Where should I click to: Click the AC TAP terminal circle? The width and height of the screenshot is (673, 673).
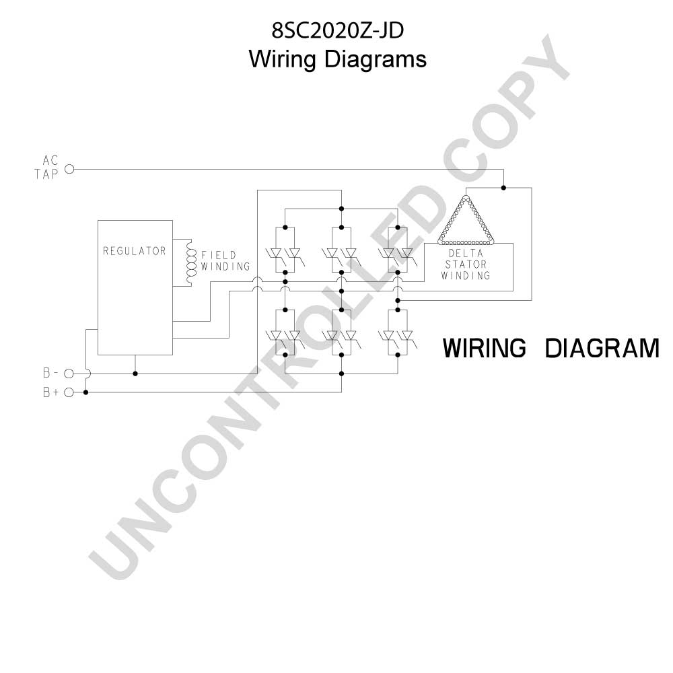click(69, 169)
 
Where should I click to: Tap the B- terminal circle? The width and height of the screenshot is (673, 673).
click(69, 374)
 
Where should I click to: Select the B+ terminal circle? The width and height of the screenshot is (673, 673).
click(69, 392)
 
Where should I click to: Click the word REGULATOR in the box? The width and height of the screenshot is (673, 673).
click(135, 250)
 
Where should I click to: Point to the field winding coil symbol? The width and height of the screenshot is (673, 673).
click(189, 261)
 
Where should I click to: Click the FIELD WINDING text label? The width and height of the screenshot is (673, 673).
click(225, 261)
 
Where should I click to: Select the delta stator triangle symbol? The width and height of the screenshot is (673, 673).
click(466, 220)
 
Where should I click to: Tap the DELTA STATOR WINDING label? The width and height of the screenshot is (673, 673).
click(466, 264)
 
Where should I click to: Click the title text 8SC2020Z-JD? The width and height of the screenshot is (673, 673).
click(337, 30)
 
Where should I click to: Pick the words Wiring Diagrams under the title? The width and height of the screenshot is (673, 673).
click(337, 59)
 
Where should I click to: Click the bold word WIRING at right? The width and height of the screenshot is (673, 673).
click(484, 348)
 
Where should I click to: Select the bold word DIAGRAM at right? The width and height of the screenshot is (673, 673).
click(602, 348)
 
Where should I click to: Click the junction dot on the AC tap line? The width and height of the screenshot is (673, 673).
click(503, 188)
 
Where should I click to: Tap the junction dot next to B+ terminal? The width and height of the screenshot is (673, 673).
click(86, 392)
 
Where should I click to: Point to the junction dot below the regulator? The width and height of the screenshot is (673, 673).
click(135, 374)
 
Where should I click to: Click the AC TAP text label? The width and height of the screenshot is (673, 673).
click(46, 168)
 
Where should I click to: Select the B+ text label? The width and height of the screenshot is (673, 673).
click(51, 392)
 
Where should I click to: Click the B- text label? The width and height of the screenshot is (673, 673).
click(50, 373)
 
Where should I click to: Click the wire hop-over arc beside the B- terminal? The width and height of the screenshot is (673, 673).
click(88, 374)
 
